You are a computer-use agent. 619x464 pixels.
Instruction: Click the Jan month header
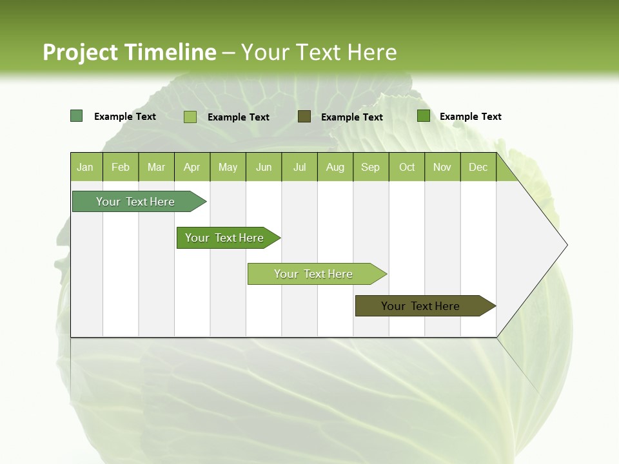click(x=86, y=167)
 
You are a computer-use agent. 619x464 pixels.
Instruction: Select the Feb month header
click(x=121, y=167)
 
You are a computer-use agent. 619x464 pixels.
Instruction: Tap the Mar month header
click(x=156, y=167)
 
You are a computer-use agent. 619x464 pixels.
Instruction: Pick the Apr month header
click(x=192, y=167)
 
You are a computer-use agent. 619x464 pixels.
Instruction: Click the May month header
click(x=228, y=167)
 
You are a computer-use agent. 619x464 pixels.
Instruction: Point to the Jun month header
click(x=264, y=167)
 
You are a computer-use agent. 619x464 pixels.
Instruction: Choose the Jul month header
click(x=299, y=167)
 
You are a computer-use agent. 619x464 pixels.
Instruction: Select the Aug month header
click(x=335, y=167)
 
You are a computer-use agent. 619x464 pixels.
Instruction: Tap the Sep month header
click(x=371, y=167)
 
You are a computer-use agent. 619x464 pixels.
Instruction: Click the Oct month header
click(x=407, y=167)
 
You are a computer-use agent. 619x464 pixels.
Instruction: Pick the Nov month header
click(x=442, y=167)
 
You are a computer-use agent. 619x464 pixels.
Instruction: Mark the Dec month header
click(x=478, y=167)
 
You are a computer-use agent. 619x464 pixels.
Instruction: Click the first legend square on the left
click(x=77, y=116)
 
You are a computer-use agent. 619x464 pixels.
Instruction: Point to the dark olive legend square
click(x=304, y=117)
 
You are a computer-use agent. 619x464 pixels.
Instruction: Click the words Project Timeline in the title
click(x=130, y=52)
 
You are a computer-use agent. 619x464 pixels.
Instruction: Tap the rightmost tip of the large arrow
click(x=566, y=245)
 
